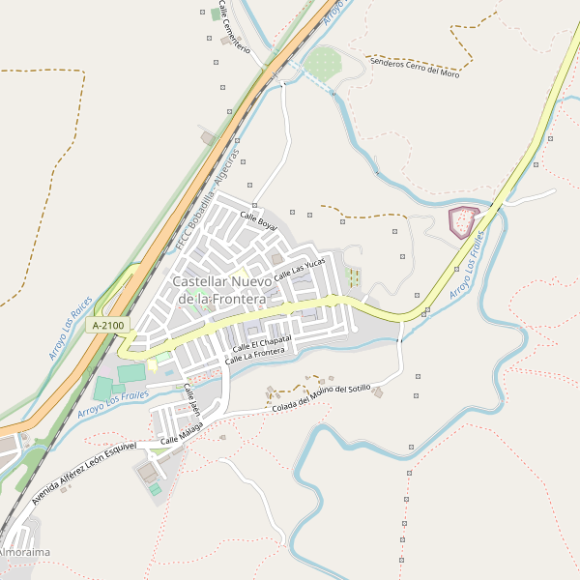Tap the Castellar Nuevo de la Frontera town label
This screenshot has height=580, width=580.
tap(221, 290)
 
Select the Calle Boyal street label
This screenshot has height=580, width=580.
tap(259, 221)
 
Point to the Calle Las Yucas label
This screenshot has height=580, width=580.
tap(300, 270)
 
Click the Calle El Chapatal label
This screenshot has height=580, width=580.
tap(261, 343)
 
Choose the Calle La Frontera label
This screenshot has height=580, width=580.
tap(255, 356)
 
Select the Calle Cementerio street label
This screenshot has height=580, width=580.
tap(234, 26)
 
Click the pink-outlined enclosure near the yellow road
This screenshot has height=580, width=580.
tap(465, 222)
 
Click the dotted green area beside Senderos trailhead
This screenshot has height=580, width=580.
tap(322, 66)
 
